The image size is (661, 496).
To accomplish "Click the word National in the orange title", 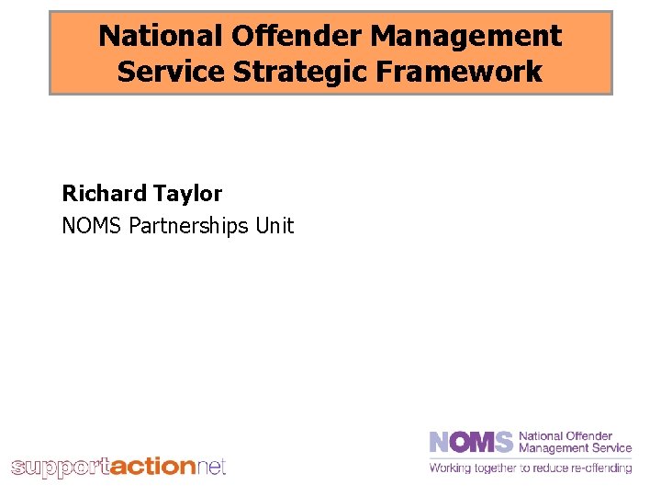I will coord(161,36).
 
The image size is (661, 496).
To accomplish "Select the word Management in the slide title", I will coord(467,36).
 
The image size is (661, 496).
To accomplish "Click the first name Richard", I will coord(104,193).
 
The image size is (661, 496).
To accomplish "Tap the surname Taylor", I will coord(187,193).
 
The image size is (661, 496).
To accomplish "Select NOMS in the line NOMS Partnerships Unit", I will coord(92,225).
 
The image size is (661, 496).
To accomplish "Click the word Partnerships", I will coord(190,225).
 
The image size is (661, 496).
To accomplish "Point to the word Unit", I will coord(274,225).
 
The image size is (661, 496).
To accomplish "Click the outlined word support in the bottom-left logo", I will coord(60,468).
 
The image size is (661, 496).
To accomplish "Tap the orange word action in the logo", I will coord(152,467).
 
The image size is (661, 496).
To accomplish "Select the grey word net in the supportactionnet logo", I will coord(210,467).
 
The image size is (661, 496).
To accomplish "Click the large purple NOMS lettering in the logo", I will coord(471,442).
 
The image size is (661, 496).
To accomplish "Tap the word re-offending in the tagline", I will coord(604,468).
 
